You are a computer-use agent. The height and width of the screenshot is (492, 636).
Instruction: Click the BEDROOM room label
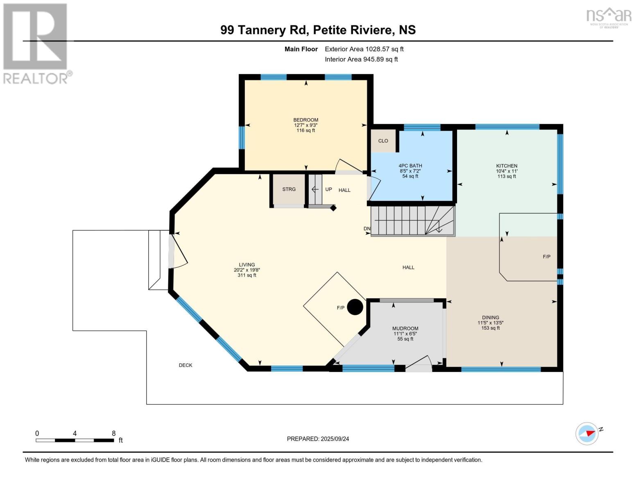[x=306, y=120]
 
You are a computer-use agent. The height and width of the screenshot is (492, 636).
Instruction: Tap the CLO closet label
[x=383, y=141]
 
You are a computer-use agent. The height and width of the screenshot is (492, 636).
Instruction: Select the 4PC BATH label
[x=410, y=166]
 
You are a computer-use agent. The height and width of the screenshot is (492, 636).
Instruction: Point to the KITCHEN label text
[x=507, y=166]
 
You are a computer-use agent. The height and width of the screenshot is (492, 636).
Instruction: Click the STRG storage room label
[x=289, y=189]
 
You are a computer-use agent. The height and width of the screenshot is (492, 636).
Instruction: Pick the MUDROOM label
[x=405, y=328]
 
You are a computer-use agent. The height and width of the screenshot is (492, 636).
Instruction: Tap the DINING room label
[x=491, y=317]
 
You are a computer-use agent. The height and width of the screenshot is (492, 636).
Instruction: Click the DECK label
[x=186, y=365]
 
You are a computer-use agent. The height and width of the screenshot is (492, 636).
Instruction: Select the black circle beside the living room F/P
[x=355, y=307]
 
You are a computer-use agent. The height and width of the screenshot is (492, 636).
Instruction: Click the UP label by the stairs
[x=328, y=189]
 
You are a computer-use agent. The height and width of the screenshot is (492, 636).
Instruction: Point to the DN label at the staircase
[x=367, y=228]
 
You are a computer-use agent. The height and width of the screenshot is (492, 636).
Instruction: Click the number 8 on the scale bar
[x=113, y=433]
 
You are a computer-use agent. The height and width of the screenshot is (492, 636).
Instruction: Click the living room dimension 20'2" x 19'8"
[x=247, y=270]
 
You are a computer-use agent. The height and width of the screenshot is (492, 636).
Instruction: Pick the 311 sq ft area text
[x=247, y=276]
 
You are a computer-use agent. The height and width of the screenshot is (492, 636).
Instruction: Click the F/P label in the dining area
[x=546, y=257]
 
